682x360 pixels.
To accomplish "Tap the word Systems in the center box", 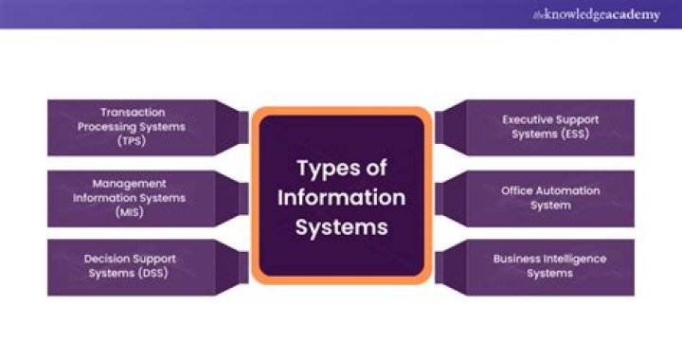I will click(x=341, y=227).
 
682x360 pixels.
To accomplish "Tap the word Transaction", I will click(x=131, y=112).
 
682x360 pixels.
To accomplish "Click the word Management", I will click(x=130, y=183).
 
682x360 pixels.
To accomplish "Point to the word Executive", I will click(x=528, y=119).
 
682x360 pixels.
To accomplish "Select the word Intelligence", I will click(x=572, y=258).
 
